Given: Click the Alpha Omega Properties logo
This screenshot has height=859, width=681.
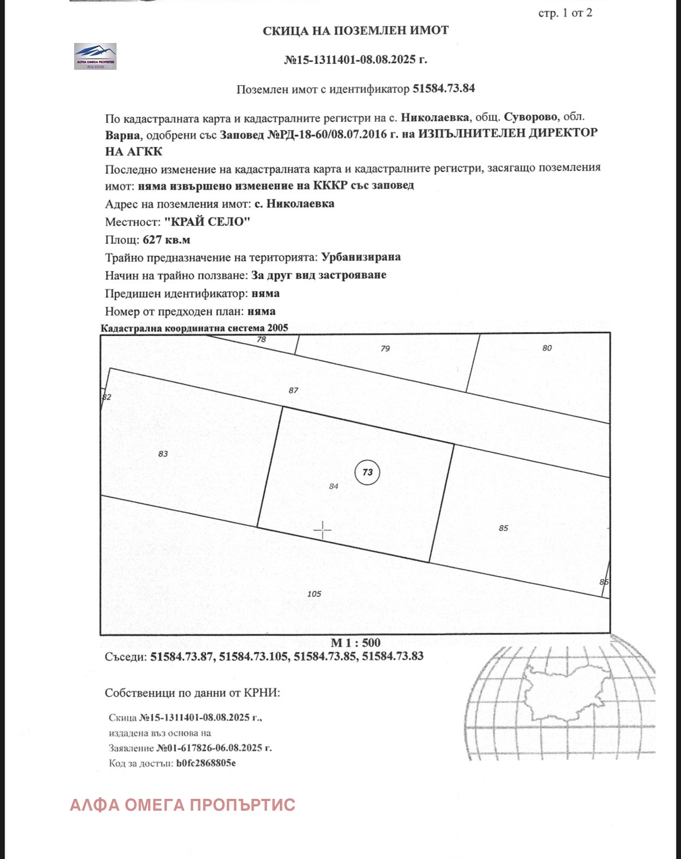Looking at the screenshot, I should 95,56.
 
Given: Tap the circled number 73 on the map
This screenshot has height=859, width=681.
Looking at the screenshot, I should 367,472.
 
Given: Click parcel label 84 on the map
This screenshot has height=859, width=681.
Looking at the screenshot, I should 334,486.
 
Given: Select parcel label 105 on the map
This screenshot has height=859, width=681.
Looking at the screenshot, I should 314,594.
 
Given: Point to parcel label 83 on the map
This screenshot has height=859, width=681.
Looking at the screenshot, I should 163,454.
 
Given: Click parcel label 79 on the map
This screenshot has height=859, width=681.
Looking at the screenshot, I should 385,349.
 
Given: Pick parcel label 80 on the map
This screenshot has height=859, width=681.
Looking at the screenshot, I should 547,348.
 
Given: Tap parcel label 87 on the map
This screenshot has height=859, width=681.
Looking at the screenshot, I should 293,390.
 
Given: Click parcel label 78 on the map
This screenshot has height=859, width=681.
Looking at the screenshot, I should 261,339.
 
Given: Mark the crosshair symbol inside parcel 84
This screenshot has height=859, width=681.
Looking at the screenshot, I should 322,530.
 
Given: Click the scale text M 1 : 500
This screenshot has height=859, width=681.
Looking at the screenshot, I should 356,643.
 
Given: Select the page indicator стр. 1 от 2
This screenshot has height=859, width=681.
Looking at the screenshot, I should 565,13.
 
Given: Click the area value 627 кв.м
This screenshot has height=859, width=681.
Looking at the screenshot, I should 166,239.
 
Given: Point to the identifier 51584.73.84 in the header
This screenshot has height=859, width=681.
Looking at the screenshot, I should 444,89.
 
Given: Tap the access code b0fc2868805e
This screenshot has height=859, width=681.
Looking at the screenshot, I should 206,763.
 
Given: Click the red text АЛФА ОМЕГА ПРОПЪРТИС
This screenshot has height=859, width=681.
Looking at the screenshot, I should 183,805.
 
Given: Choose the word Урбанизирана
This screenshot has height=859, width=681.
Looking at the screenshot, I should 361,257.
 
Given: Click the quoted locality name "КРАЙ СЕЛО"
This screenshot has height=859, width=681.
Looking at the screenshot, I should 207,222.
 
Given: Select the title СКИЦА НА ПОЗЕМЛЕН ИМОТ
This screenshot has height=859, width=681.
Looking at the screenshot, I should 356,31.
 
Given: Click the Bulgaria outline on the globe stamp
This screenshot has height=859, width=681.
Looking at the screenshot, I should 567,693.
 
